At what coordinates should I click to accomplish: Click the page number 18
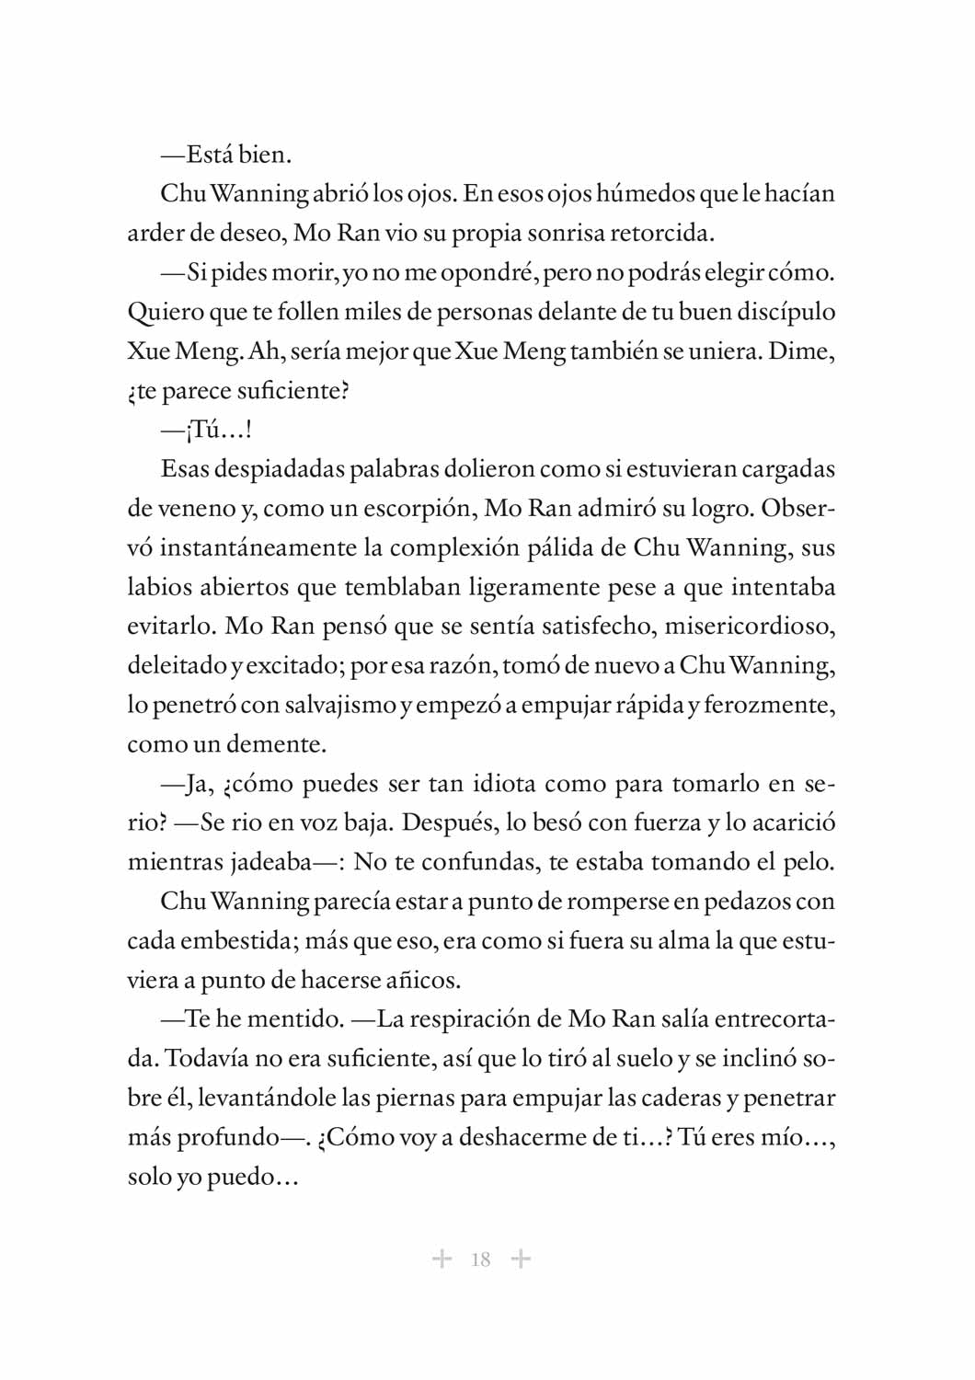[x=480, y=1259]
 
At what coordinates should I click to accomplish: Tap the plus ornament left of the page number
[x=442, y=1259]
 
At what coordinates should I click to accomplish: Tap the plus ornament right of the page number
[x=521, y=1259]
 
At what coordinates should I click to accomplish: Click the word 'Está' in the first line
[x=210, y=155]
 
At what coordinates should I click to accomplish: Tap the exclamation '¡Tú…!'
[x=218, y=430]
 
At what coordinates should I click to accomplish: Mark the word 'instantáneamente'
[x=258, y=548]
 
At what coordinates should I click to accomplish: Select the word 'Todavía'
[x=207, y=1059]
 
